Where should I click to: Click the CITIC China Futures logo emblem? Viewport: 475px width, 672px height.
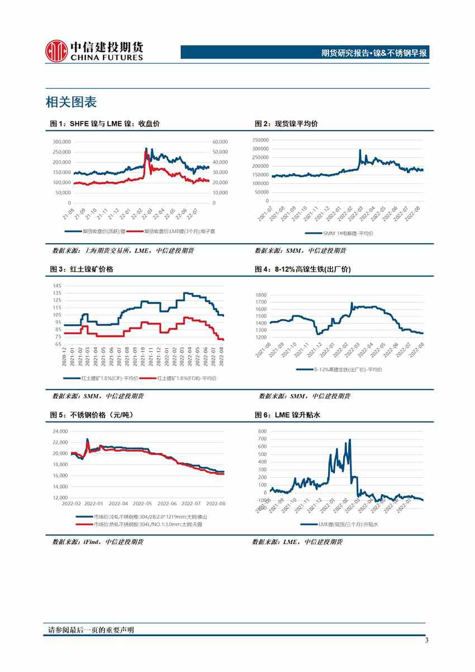click(x=56, y=50)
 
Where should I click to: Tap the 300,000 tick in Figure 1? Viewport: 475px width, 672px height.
click(x=61, y=142)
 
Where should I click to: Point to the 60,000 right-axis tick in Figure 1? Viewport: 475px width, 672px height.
click(x=220, y=142)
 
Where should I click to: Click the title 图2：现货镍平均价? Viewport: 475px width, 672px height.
click(x=286, y=124)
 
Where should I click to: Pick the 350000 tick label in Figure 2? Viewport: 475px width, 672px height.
click(x=260, y=140)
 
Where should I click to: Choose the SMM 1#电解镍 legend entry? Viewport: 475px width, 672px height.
click(x=340, y=233)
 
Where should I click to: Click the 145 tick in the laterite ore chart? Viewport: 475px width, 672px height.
click(x=57, y=286)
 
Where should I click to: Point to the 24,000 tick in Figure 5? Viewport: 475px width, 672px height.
click(x=60, y=431)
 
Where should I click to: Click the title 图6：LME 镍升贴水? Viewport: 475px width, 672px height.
click(x=287, y=415)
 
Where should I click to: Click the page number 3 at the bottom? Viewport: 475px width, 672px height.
click(x=426, y=641)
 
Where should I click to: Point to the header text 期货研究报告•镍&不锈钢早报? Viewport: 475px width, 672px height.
click(x=374, y=53)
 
